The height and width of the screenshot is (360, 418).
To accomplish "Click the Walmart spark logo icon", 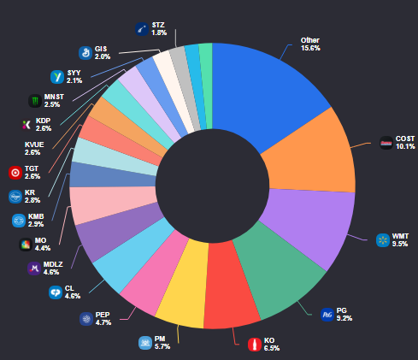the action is click(383, 240).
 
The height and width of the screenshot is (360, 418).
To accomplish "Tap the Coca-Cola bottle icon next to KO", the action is click(255, 345).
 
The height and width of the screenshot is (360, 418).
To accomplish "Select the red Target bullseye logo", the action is click(15, 173).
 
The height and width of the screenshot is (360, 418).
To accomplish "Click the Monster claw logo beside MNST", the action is click(35, 101).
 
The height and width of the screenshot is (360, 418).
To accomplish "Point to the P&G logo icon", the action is click(327, 315).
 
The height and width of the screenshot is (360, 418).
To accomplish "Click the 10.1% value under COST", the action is click(405, 146).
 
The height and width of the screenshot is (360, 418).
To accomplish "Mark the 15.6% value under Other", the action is click(310, 48).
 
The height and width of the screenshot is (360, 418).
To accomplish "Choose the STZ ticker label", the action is click(158, 25).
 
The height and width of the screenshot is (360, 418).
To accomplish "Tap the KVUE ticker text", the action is click(34, 145).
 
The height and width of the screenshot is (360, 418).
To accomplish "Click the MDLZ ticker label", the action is click(53, 264).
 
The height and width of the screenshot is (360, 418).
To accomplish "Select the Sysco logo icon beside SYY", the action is click(57, 77).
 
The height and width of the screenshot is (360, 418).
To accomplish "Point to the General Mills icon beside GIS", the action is click(85, 53).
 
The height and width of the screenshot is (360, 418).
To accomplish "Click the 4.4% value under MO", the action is click(43, 248).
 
